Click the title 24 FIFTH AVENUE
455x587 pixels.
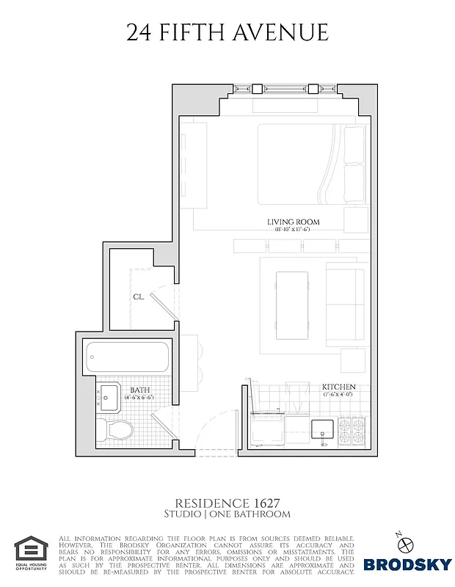[x=227, y=32]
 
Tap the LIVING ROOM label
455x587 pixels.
[x=293, y=222]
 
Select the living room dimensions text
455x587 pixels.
[x=293, y=230]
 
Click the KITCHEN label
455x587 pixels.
[x=338, y=387]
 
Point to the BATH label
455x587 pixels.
[x=141, y=390]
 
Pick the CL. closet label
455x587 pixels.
[x=139, y=297]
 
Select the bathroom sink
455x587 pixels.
[x=109, y=398]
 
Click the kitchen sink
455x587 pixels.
[x=321, y=429]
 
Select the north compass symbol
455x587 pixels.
[x=409, y=543]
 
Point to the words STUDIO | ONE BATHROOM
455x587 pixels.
[x=227, y=514]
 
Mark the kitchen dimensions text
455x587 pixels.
[x=338, y=395]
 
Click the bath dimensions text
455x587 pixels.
[x=141, y=398]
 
